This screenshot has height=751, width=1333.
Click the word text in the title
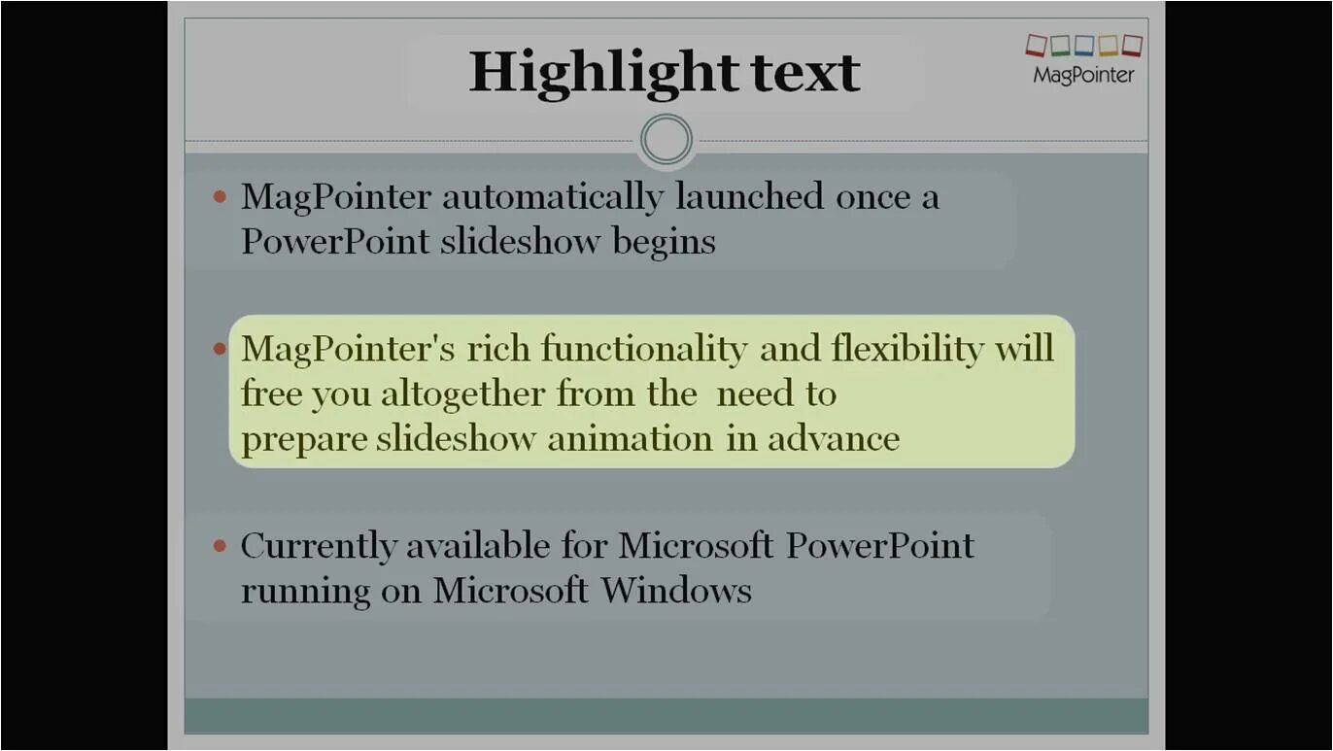pyautogui.click(x=805, y=72)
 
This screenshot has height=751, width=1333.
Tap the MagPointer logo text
pyautogui.click(x=1083, y=75)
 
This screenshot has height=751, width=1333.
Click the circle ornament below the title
pyautogui.click(x=666, y=140)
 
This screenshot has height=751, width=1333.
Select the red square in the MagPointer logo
pyautogui.click(x=1036, y=45)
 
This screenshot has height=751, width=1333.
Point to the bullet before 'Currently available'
pyautogui.click(x=220, y=546)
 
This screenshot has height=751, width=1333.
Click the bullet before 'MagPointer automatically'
pyautogui.click(x=220, y=197)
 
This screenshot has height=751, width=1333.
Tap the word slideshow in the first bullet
pyautogui.click(x=520, y=241)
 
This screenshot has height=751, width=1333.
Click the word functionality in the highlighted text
pyautogui.click(x=643, y=348)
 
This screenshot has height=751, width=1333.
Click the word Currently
pyautogui.click(x=319, y=546)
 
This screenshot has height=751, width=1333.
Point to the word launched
pyautogui.click(x=750, y=197)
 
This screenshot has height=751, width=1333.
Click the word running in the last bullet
pyautogui.click(x=305, y=591)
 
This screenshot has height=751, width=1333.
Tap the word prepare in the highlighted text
pyautogui.click(x=304, y=438)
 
